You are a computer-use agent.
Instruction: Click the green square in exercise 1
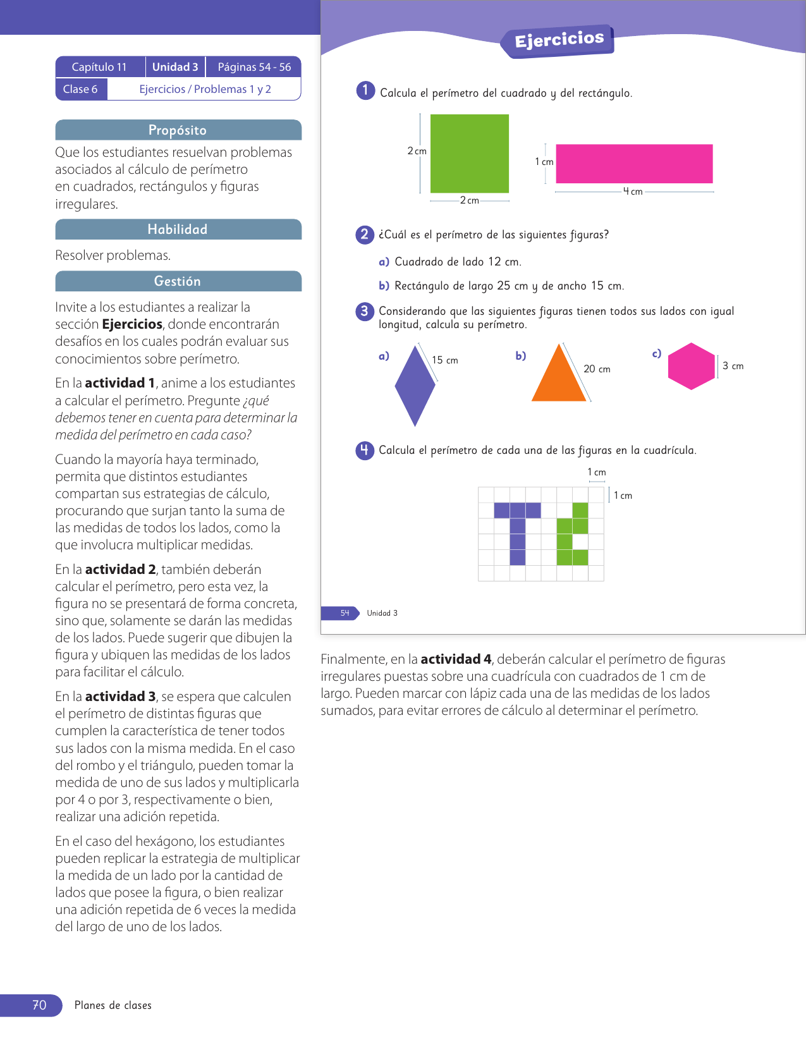tap(469, 153)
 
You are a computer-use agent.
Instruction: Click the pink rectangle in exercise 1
tap(634, 164)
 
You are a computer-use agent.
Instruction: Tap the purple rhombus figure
tap(415, 386)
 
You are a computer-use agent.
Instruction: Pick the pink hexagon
tap(691, 366)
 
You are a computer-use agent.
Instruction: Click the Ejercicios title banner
tap(559, 40)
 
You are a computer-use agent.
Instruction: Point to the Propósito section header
tap(178, 130)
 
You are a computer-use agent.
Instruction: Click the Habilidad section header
tap(178, 229)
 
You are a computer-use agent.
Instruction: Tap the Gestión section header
tap(178, 281)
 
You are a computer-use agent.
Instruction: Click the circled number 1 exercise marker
tap(365, 91)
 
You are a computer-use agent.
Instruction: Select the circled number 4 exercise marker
tap(365, 450)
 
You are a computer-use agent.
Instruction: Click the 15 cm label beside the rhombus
tap(445, 360)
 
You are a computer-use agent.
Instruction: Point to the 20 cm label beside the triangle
tap(597, 369)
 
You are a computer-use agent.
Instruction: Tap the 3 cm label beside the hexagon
tap(733, 366)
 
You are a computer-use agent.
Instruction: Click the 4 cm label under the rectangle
tap(633, 192)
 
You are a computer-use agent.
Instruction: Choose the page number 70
tap(39, 1005)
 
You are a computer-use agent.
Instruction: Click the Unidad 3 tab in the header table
tap(175, 67)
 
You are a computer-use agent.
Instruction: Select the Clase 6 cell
tap(80, 89)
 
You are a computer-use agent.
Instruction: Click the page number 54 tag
tap(345, 613)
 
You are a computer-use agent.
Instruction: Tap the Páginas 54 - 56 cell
tap(254, 67)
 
